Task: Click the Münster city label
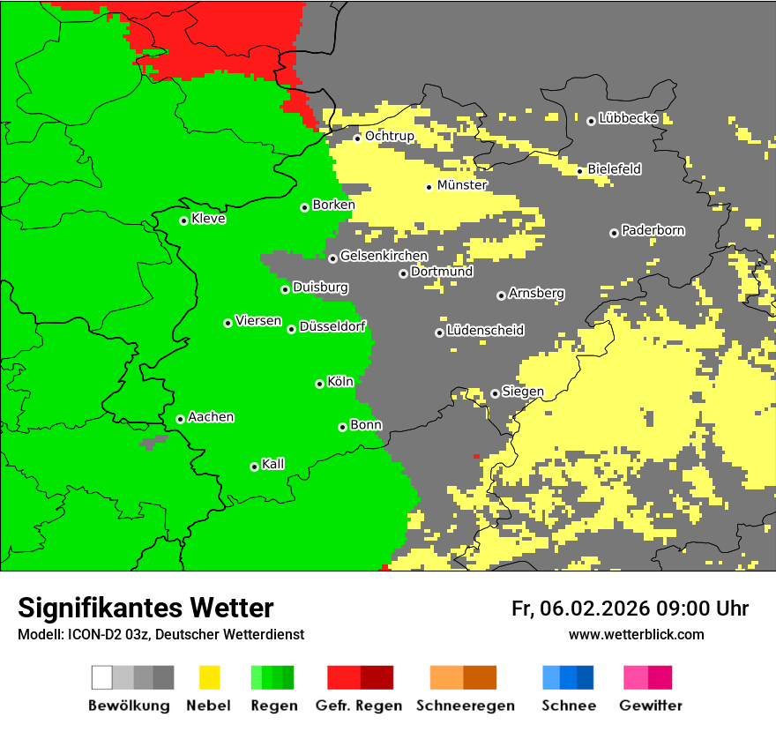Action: [462, 185]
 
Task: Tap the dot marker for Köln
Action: [319, 384]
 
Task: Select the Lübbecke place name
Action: [628, 118]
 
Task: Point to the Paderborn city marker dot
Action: [614, 233]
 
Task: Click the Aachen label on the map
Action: [211, 417]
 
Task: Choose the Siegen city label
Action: [523, 392]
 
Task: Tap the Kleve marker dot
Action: [183, 220]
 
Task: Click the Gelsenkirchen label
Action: [384, 256]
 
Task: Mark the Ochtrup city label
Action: [389, 136]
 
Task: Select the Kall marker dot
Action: [254, 467]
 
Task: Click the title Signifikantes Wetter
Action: [145, 608]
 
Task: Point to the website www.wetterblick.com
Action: [636, 634]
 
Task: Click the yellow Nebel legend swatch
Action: [209, 677]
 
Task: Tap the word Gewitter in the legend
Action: [650, 706]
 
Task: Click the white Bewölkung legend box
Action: [102, 677]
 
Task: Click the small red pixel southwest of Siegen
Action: [476, 456]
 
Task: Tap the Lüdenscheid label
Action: [485, 331]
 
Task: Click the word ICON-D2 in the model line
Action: [92, 634]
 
